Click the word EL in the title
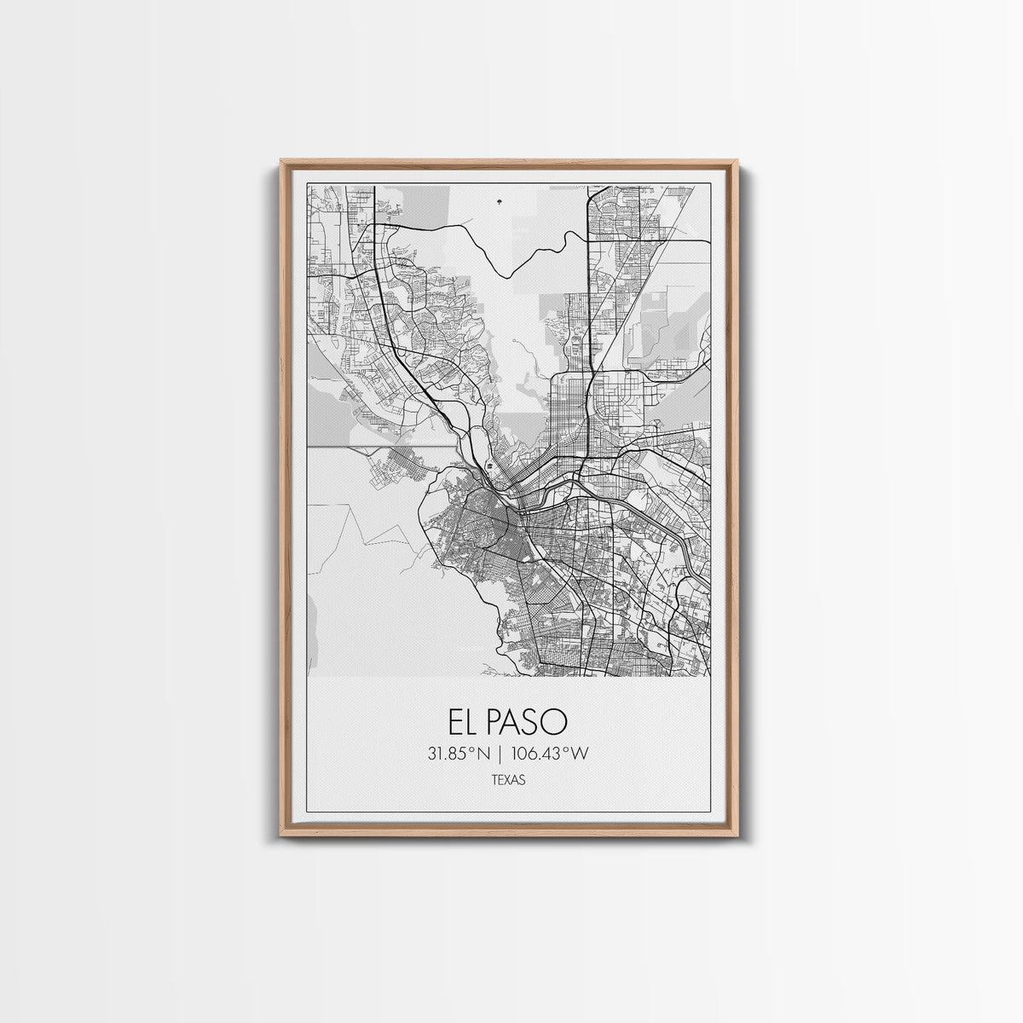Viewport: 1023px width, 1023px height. coord(464,722)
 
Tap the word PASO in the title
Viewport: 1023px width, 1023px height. coord(528,722)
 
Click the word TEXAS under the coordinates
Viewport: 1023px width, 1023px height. coord(509,779)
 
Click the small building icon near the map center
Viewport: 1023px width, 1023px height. coord(489,466)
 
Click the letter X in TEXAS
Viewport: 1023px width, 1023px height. coord(509,779)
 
